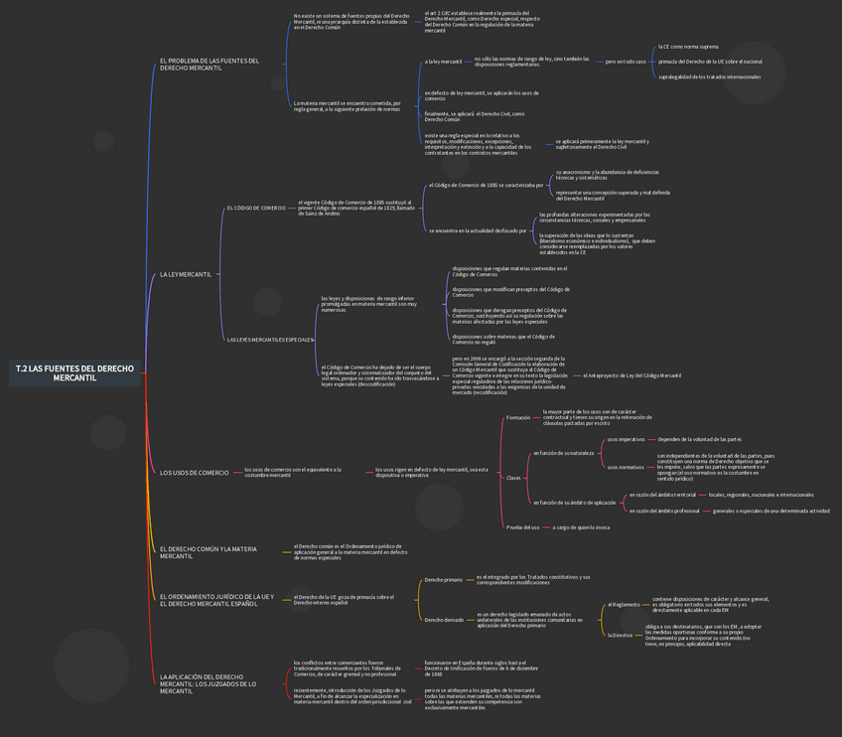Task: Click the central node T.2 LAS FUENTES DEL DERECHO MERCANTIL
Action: (74, 372)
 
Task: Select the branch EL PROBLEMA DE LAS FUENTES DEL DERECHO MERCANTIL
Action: (209, 64)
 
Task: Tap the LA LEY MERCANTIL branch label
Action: (186, 274)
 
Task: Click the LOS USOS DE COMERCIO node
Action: (195, 473)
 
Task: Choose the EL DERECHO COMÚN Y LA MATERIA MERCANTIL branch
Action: (209, 552)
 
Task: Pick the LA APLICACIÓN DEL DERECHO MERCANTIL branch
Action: (209, 683)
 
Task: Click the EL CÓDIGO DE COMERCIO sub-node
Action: (256, 208)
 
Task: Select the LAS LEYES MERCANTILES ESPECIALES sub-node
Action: (270, 340)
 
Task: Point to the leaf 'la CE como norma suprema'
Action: (688, 47)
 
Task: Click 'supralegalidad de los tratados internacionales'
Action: (709, 76)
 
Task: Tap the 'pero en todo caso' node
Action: (626, 62)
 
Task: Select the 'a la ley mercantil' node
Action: (443, 62)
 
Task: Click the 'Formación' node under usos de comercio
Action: (518, 417)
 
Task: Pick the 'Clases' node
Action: (513, 478)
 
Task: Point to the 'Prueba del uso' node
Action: (522, 527)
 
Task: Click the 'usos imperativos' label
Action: (625, 439)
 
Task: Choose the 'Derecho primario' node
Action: (443, 579)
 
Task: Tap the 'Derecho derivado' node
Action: (443, 620)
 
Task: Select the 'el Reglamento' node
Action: (624, 604)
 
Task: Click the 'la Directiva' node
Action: (620, 635)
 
